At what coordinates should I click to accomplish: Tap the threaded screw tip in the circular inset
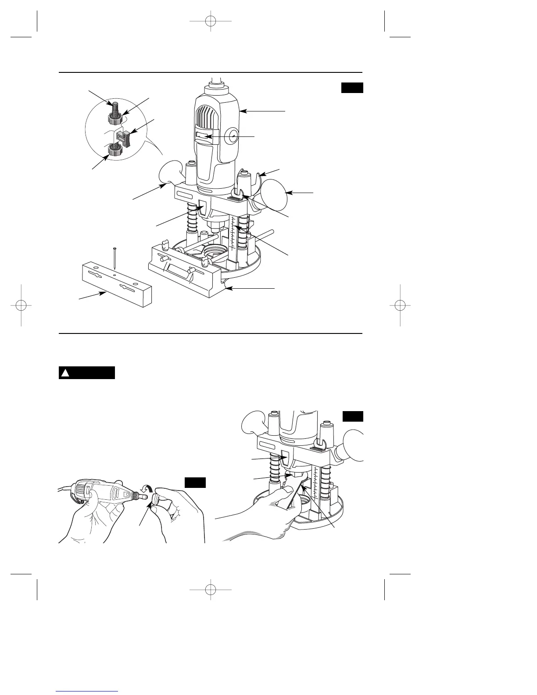(x=115, y=107)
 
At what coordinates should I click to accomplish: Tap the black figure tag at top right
(x=352, y=87)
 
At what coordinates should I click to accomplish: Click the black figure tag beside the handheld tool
(x=195, y=482)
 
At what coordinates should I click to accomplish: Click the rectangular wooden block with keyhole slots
(x=116, y=286)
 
